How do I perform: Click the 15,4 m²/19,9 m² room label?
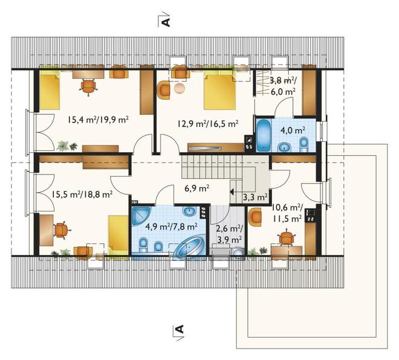click(98, 119)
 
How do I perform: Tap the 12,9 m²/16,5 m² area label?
click(208, 124)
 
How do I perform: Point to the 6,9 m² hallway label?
click(197, 188)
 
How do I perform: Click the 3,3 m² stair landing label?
click(255, 197)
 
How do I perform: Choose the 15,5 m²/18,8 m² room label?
click(82, 194)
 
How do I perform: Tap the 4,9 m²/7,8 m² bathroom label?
click(172, 226)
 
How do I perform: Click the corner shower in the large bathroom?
click(141, 216)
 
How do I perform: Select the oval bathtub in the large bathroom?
click(189, 247)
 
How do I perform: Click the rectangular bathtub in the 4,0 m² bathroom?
click(264, 135)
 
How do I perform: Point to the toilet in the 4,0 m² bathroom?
click(304, 144)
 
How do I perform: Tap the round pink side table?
click(180, 88)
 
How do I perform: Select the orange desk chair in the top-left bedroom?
click(88, 86)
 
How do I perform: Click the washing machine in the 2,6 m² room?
click(239, 253)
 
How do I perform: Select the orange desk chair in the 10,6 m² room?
click(287, 237)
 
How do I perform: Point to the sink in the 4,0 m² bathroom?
click(285, 147)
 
